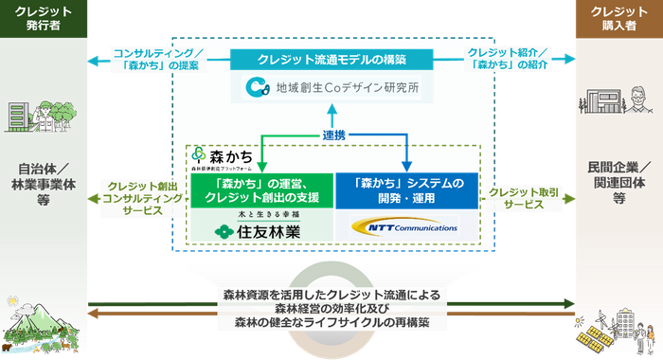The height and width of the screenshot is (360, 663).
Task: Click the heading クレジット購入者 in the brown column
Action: click(618, 17)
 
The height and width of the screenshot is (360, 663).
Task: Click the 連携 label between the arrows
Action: click(333, 135)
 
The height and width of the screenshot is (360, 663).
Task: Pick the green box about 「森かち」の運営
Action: click(261, 189)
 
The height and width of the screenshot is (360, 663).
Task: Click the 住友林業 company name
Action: click(261, 230)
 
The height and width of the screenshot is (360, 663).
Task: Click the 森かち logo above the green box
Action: click(210, 155)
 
